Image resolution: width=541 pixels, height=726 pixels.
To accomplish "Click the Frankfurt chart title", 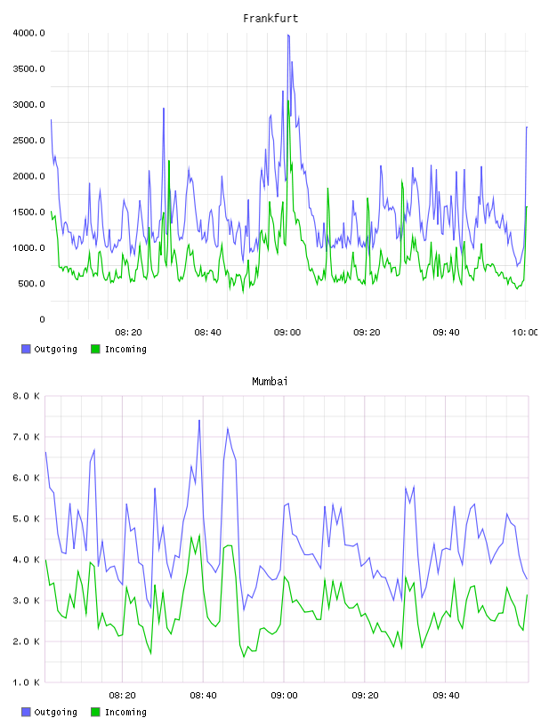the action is pos(270,19).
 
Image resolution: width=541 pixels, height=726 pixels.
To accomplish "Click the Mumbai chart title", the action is pos(270,382).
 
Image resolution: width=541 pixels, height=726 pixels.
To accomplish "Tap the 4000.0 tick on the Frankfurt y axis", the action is pos(28,33).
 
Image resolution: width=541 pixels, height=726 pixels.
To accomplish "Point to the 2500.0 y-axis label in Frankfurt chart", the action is pos(28,141).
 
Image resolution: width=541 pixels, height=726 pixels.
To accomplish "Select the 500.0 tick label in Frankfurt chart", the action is pos(31,283).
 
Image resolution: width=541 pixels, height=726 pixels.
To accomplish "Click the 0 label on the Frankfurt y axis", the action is pos(42,319).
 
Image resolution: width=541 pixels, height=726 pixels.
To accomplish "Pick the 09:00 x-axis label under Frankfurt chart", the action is pos(287,333).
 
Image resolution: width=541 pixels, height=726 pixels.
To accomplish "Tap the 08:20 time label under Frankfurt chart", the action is pos(128,333).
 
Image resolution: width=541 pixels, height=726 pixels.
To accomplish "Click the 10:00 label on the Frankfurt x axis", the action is pos(525,333).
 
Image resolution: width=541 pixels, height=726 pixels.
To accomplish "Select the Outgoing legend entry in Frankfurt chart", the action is pos(49,349).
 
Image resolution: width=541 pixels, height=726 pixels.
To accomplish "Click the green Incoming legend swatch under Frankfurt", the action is pos(95,349).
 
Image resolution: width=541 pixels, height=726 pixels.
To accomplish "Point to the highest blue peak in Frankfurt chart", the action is pos(288,35).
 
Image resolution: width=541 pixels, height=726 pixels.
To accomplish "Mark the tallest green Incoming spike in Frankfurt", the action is pos(288,101).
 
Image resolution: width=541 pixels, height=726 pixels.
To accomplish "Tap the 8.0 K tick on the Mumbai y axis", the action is pos(27,396).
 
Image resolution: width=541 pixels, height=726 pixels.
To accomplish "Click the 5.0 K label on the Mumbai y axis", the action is pos(27,519).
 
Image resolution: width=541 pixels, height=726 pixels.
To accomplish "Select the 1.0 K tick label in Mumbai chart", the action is pos(27,682).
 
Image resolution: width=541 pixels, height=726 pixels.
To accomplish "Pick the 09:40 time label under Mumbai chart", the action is pos(446,696).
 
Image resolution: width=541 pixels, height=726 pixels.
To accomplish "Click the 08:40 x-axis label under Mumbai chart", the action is pos(204,696).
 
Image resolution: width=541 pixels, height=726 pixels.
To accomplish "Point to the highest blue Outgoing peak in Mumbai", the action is pos(199,421).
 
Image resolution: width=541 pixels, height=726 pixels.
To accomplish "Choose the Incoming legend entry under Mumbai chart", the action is pos(118,712).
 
